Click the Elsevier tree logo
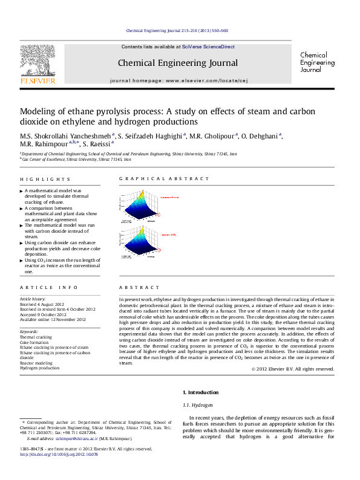pos(38,63)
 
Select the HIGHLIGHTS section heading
pos(45,180)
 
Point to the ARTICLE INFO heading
pos(48,288)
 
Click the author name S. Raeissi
pos(97,145)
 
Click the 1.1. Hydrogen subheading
pos(198,404)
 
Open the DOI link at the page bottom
pos(59,454)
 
